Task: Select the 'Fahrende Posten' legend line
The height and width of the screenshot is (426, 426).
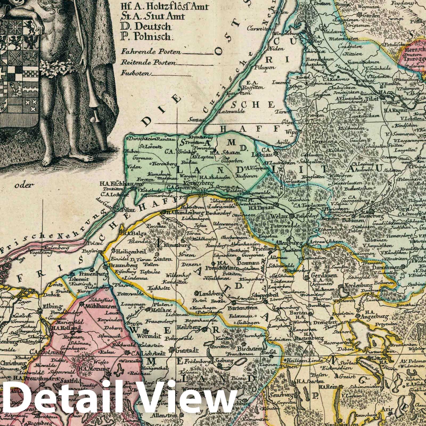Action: point(151,52)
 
